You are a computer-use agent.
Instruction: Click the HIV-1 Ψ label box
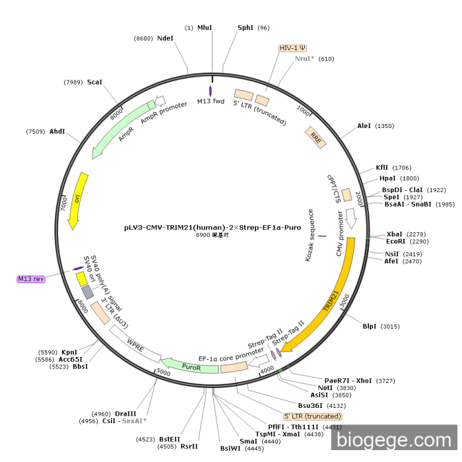(293, 48)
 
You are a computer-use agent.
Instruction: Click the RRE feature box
(315, 138)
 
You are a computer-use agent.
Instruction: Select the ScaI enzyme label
(94, 82)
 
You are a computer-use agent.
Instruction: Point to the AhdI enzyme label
(57, 131)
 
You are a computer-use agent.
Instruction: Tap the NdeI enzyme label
(165, 38)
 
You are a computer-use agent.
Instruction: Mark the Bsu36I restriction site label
(310, 405)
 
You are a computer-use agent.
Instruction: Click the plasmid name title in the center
(213, 227)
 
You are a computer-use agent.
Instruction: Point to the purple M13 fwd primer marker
(211, 90)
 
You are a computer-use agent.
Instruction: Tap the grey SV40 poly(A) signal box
(88, 292)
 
